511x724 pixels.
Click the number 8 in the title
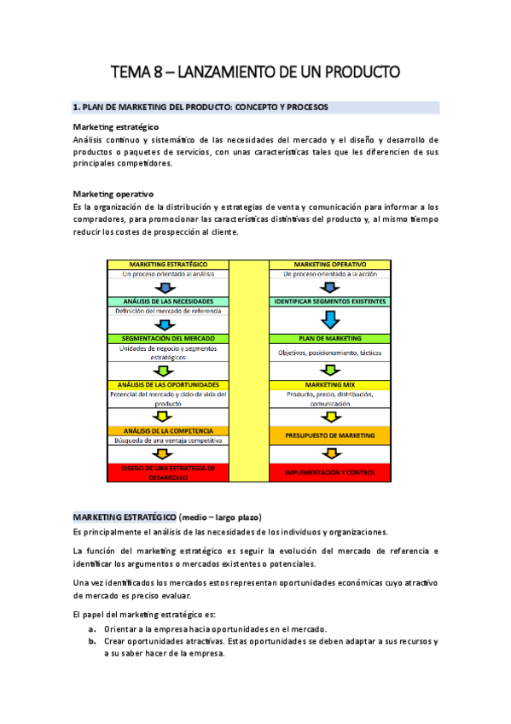tap(159, 73)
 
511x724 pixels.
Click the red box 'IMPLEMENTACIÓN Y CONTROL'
tap(329, 472)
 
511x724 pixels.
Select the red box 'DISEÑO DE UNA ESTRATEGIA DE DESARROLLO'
tap(168, 472)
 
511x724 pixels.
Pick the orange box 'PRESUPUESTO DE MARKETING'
tap(329, 435)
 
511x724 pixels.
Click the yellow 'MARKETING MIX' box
tap(329, 385)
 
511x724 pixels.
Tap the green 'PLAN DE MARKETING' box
tap(329, 338)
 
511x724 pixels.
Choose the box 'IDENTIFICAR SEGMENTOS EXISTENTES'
tap(329, 301)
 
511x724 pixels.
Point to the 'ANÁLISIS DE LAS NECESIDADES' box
tap(168, 301)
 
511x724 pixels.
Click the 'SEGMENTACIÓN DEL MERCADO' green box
tap(168, 338)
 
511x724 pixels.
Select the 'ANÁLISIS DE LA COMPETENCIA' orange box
tap(168, 431)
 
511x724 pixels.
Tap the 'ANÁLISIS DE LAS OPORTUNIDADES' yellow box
tap(168, 385)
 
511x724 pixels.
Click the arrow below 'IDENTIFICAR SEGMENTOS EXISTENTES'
tap(329, 320)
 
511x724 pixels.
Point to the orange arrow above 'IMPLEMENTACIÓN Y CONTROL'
tap(329, 455)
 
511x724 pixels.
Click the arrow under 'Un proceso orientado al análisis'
tap(168, 288)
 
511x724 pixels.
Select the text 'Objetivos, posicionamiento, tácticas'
tap(329, 353)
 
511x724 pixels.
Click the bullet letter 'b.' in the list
tap(90, 640)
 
